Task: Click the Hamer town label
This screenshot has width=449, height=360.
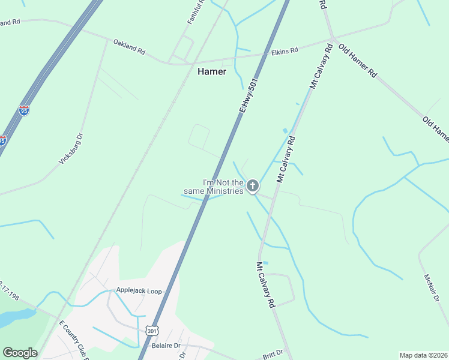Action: (212, 71)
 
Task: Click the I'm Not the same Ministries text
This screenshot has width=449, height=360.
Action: (222, 187)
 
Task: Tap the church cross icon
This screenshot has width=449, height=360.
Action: (253, 185)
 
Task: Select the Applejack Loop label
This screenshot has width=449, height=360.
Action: (139, 292)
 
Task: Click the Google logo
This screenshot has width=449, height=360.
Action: (20, 353)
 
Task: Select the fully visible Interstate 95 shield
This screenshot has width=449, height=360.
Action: (24, 110)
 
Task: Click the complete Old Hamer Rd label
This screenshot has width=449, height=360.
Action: (357, 61)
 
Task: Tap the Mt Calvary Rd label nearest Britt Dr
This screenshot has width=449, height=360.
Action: (265, 285)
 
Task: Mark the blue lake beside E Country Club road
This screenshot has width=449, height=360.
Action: (15, 317)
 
